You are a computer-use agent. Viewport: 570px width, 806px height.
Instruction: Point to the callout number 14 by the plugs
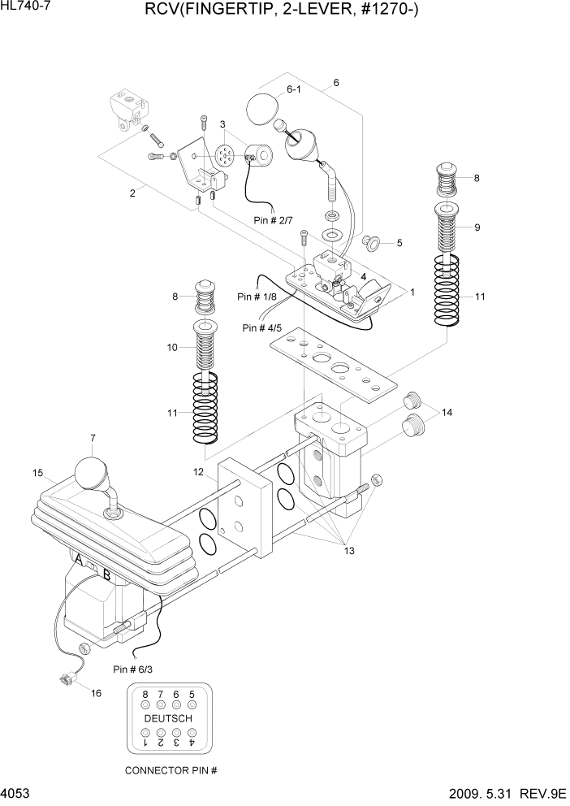coord(447,413)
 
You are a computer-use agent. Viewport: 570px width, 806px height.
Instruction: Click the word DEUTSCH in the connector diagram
coord(168,719)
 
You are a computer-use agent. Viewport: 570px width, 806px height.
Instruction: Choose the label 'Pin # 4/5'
coord(263,328)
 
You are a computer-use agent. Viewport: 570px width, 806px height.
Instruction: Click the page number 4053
coord(16,793)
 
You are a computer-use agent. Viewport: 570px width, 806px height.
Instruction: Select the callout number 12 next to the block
coord(198,472)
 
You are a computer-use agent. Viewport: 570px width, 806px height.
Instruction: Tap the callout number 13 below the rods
coord(350,552)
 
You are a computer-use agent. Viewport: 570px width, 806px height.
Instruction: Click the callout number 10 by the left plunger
coord(172,348)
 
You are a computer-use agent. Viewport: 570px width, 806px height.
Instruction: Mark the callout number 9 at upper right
coord(477,227)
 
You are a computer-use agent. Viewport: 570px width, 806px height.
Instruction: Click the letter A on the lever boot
coord(79,561)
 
